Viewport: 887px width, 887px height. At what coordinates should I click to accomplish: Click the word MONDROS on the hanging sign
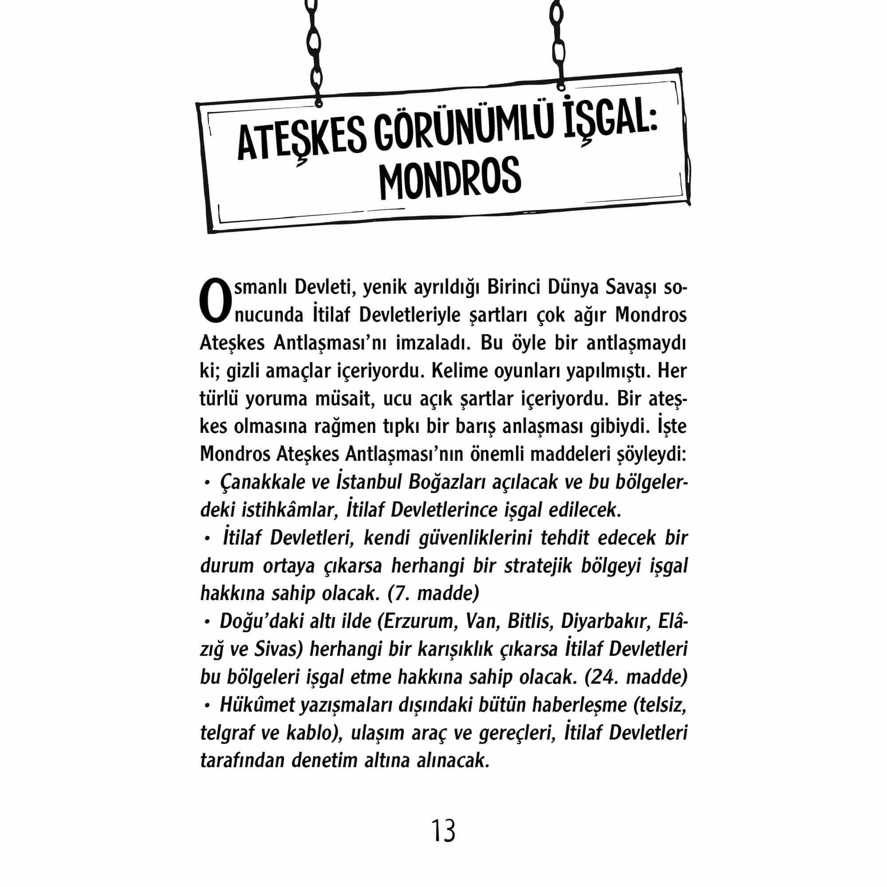click(450, 180)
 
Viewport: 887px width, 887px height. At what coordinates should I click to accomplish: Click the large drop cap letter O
click(214, 300)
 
